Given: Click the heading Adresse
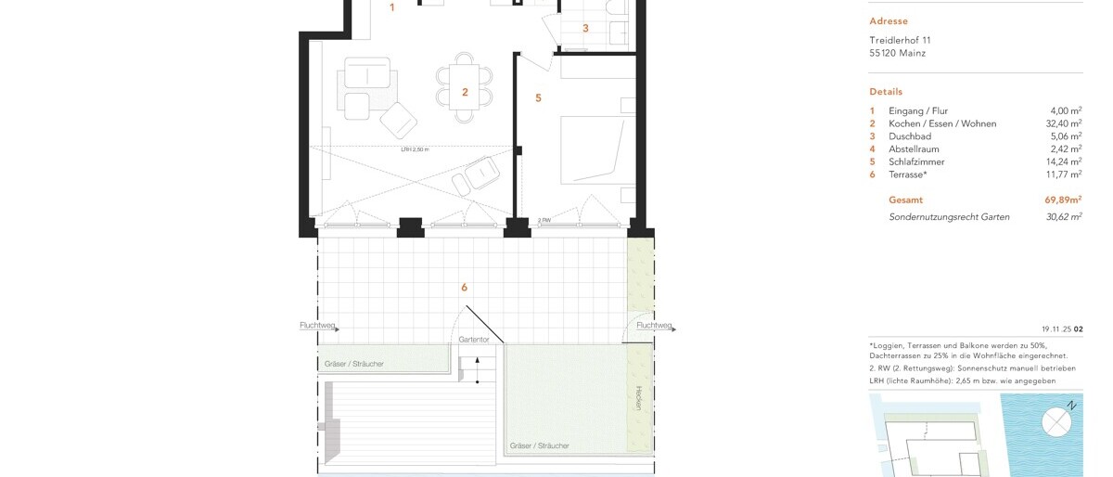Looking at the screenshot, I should point(889,21).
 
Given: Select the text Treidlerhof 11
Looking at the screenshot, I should point(900,41).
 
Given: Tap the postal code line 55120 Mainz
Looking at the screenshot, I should point(897,54).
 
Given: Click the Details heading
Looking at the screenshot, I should point(886,92).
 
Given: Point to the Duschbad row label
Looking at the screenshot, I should point(910,136).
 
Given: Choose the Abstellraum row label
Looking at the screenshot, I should point(915,149).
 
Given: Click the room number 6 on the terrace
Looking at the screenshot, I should point(464,288).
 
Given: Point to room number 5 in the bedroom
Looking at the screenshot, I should point(538,97).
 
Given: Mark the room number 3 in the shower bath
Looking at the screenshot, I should point(585,29).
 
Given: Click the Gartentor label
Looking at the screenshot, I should point(473,340).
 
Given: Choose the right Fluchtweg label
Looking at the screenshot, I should point(654,326).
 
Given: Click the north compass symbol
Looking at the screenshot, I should point(1056,422).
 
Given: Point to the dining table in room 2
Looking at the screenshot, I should point(465,87).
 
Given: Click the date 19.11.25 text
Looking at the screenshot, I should point(1056,329).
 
